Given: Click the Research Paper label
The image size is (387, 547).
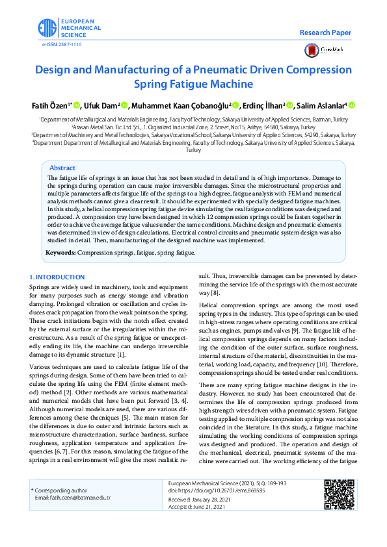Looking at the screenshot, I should coord(325,32).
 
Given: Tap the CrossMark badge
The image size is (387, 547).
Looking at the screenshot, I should coord(328,51).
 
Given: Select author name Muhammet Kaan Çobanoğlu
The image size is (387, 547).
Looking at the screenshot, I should coord(180,106).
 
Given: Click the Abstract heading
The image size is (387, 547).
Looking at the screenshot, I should coord(62,168).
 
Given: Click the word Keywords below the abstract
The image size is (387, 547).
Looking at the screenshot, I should coord(60,251).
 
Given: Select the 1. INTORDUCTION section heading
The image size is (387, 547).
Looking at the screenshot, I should coord(57,277).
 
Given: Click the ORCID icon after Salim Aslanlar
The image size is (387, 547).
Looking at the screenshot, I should coord(353,106).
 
